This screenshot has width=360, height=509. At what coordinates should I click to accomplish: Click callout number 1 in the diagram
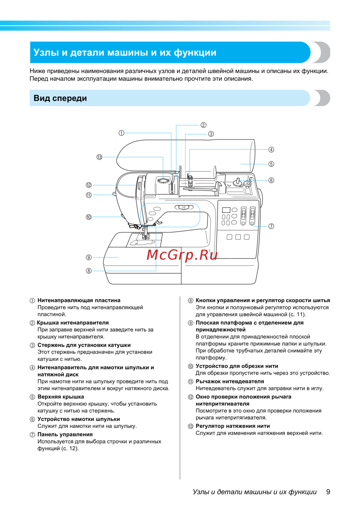point(122,133)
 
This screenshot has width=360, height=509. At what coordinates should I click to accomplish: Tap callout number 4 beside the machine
point(271,149)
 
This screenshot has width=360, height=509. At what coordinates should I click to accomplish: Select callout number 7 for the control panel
point(271,226)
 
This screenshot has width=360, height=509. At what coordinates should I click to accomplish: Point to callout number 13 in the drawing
point(99,157)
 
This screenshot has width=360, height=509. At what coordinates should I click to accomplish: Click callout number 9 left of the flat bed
point(89,257)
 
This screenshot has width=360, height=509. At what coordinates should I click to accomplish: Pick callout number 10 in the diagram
point(89,217)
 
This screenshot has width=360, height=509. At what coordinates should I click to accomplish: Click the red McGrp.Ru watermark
point(182,255)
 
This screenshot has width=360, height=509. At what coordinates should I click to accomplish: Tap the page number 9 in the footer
point(328,492)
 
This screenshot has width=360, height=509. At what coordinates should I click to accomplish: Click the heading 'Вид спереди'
point(60,98)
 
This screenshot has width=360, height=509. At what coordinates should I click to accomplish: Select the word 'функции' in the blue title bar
point(195,53)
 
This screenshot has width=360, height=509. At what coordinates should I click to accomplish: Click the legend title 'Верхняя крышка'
point(60,397)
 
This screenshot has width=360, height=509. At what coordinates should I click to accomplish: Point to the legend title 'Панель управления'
point(65,434)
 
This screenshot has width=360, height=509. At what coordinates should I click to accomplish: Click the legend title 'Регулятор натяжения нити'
point(233,426)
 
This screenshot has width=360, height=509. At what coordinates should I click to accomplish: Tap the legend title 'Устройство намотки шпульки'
point(78,419)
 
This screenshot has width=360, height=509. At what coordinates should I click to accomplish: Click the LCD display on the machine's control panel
point(226,210)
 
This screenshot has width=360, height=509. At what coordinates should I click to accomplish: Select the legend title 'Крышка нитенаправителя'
point(73,323)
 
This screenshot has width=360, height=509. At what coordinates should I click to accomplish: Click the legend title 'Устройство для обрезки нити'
point(237,366)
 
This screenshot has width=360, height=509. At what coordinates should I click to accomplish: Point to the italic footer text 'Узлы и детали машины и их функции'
point(255,492)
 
